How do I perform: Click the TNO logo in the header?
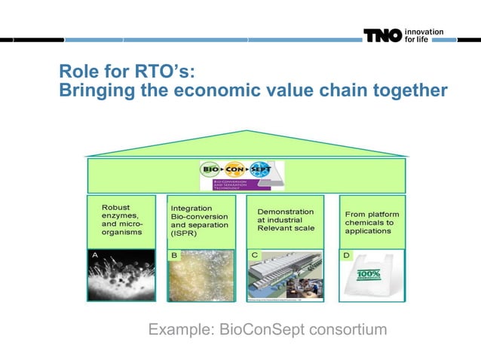(x=382, y=36)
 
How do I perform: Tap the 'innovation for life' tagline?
(x=424, y=36)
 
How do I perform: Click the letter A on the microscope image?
(x=95, y=256)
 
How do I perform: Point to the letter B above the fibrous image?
(x=175, y=256)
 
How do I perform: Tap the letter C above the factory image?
(x=255, y=256)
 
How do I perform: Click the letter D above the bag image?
(x=346, y=256)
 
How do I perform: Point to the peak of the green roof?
(x=247, y=133)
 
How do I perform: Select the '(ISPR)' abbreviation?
(x=185, y=234)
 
